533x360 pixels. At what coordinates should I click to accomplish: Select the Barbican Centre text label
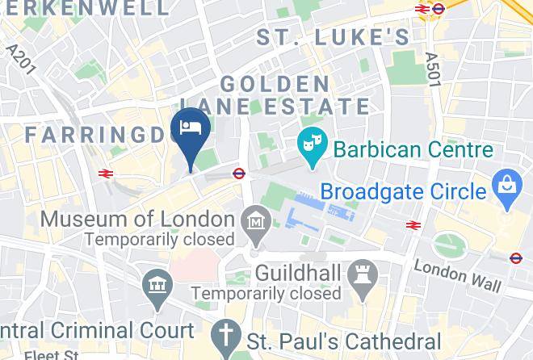(x=413, y=150)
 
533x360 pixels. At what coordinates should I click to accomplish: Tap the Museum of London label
(x=137, y=219)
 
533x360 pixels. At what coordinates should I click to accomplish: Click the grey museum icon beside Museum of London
(x=256, y=220)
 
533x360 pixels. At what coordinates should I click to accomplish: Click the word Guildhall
(x=297, y=274)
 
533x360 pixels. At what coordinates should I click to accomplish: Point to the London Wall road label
(x=458, y=275)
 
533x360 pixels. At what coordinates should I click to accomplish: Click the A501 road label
(x=433, y=66)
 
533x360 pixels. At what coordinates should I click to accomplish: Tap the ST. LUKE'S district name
(x=333, y=36)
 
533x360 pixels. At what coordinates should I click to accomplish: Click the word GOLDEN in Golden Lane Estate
(x=275, y=84)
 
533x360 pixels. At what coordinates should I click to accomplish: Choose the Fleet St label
(x=51, y=354)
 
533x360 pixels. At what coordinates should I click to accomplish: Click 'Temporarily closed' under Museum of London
(x=159, y=239)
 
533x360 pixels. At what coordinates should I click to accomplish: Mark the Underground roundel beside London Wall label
(x=517, y=258)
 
